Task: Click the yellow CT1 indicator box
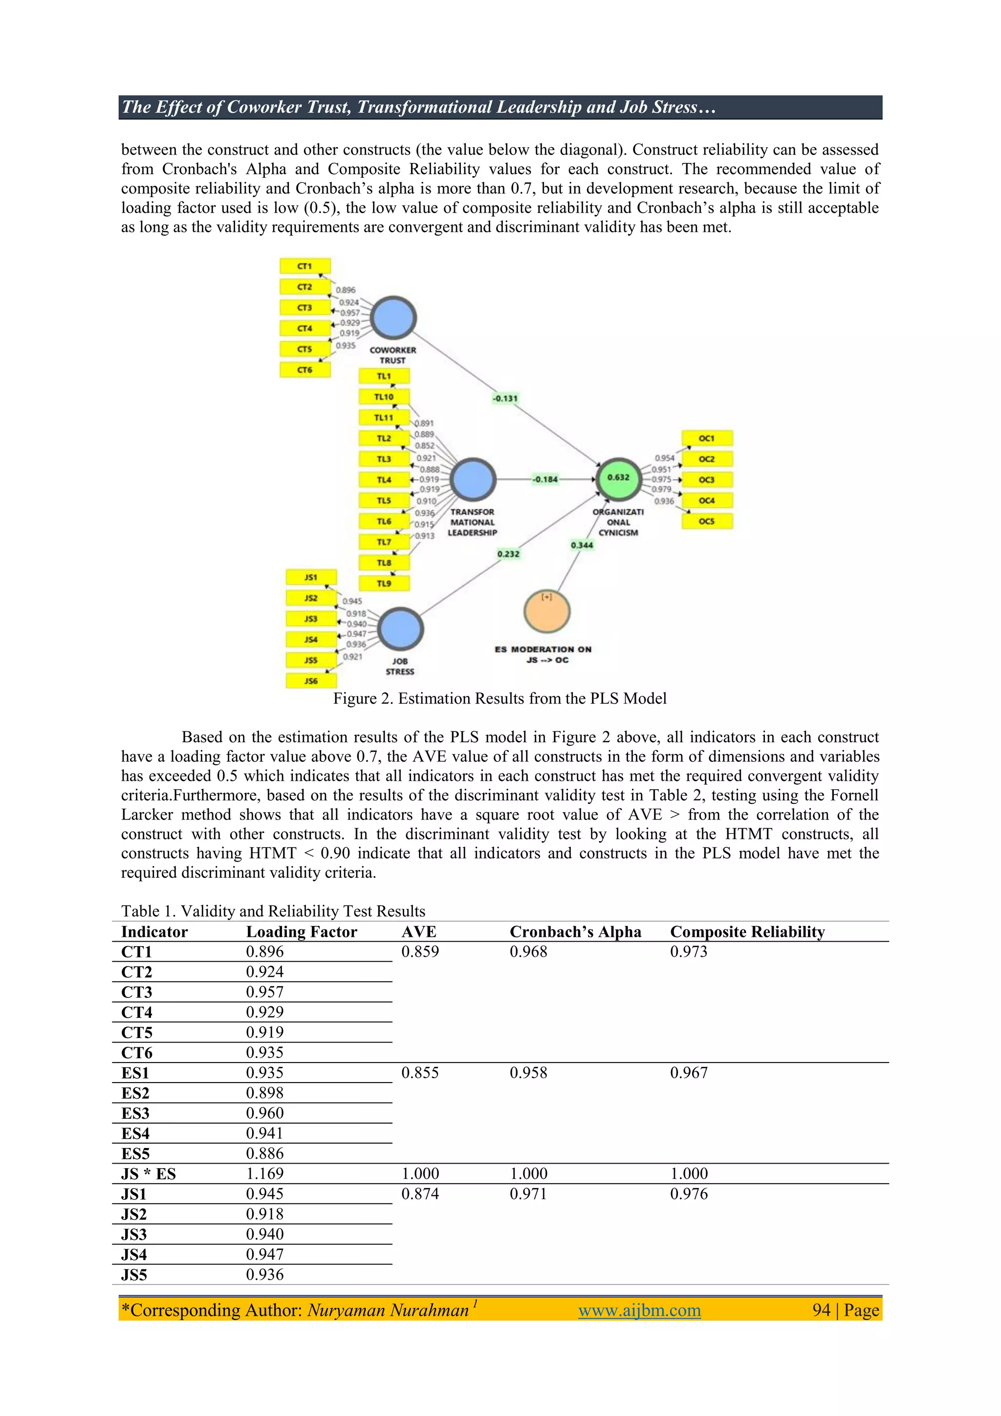click(305, 266)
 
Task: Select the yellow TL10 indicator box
click(384, 397)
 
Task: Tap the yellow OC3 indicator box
click(707, 479)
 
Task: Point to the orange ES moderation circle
click(547, 611)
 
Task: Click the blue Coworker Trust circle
click(394, 318)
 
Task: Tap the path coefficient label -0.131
click(505, 398)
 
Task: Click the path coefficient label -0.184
click(545, 479)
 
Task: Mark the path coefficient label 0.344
click(582, 545)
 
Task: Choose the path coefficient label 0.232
click(508, 554)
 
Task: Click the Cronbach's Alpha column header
click(575, 932)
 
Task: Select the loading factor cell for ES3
click(265, 1113)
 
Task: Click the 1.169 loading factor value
click(265, 1173)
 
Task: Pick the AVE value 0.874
click(420, 1194)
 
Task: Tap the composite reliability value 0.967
click(689, 1073)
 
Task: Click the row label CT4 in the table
click(137, 1013)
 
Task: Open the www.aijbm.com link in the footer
click(639, 1310)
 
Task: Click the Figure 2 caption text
click(500, 699)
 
